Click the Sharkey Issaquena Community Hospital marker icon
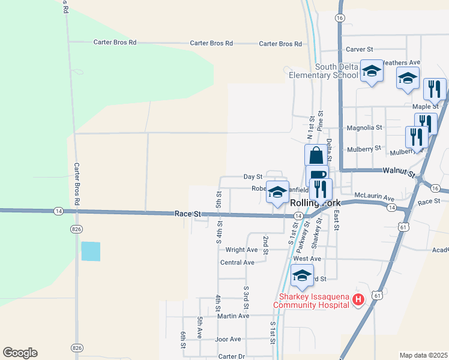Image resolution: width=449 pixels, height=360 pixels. [358, 299]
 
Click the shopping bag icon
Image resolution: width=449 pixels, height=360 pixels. [316, 155]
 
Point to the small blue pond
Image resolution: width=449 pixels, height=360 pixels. [91, 251]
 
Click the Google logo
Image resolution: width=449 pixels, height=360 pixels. [20, 353]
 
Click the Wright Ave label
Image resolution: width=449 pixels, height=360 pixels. [241, 250]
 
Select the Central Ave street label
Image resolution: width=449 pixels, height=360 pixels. [237, 262]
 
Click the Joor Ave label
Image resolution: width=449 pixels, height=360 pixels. [228, 339]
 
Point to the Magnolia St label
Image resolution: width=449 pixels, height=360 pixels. [365, 128]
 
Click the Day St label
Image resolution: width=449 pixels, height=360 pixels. [253, 176]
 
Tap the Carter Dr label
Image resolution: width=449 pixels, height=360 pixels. [232, 356]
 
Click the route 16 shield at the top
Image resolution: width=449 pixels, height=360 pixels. [340, 19]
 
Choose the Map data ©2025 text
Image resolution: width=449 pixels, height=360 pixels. [423, 355]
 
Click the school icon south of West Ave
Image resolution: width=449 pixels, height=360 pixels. [302, 276]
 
